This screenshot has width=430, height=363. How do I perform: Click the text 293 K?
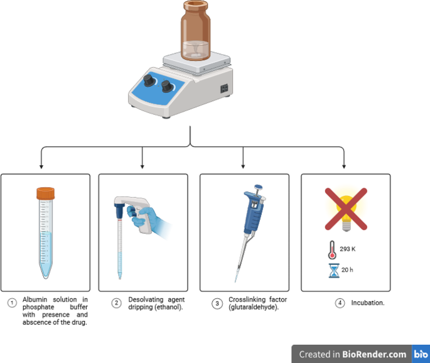tap(348, 249)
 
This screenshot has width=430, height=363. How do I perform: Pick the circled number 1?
tap(11, 303)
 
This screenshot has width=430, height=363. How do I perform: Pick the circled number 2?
tap(116, 303)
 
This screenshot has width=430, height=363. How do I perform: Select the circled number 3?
tap(217, 304)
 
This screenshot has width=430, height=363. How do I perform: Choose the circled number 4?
tap(340, 303)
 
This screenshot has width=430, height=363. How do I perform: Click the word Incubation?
tap(368, 303)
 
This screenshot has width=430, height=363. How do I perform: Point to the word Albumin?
tap(36, 300)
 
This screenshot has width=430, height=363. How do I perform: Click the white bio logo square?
tap(420, 354)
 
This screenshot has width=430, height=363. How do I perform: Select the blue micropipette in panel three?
tap(252, 217)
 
